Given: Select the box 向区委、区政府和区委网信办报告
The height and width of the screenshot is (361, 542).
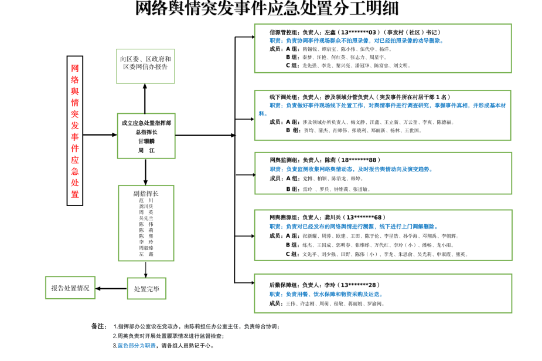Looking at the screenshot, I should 145,63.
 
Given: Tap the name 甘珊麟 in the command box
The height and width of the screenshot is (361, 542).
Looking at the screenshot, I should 146,141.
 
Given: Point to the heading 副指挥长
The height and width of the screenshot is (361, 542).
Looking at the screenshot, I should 146,193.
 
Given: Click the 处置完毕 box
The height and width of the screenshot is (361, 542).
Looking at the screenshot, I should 146,288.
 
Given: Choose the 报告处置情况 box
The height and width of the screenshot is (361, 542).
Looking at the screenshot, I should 70,288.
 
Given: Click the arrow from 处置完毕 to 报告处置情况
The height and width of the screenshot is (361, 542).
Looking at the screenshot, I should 111,288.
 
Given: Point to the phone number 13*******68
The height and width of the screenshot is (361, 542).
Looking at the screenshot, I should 365,217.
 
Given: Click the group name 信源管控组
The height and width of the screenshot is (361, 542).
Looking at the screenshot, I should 284,32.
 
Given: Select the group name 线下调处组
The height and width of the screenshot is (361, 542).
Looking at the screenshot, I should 284,97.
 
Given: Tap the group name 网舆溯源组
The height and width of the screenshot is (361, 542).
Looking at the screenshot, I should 284,217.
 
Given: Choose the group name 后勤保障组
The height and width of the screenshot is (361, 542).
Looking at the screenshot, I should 284,285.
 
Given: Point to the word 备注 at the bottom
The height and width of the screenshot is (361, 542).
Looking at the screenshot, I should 98,326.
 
